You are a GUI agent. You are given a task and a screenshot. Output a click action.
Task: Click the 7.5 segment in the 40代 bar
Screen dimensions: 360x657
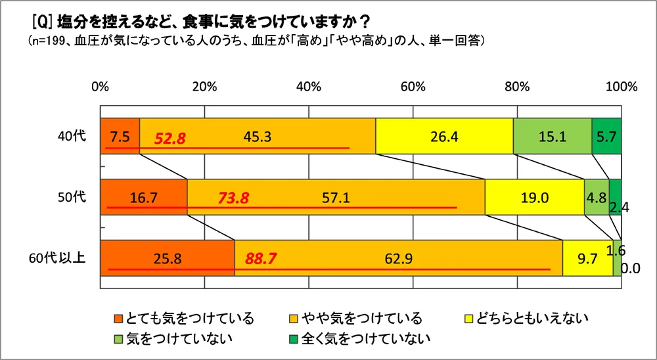pos(120,137)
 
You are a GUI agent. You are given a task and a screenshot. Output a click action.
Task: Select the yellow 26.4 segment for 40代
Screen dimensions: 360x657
pos(444,137)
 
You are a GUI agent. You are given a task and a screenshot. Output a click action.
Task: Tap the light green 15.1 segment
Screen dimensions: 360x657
pos(552,137)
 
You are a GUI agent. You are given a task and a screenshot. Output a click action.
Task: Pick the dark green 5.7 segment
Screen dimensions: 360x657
pos(606,137)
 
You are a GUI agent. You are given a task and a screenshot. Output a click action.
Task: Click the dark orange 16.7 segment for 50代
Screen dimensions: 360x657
pos(143,197)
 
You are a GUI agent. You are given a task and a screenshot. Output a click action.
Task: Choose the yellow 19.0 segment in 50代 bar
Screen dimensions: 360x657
pos(534,197)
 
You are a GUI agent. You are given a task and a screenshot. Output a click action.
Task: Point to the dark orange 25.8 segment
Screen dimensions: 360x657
pos(167,258)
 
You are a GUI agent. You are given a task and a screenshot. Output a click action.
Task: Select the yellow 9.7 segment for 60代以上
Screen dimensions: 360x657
pos(587,258)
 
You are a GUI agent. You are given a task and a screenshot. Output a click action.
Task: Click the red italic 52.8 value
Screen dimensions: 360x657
pos(170,139)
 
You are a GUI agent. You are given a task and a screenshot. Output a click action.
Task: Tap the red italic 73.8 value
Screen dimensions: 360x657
pos(233,198)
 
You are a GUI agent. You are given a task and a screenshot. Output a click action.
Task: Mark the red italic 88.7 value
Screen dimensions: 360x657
pos(260,258)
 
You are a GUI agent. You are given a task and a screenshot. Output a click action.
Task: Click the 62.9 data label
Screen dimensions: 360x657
pos(398,258)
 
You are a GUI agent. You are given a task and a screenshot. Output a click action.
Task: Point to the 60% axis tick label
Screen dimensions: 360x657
pos(413,87)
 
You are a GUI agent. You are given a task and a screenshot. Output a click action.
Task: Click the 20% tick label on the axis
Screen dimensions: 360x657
pos(204,87)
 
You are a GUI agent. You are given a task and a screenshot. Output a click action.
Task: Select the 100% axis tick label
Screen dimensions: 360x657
pos(621,87)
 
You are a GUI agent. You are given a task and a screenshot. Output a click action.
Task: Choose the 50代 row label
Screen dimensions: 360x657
pos(70,197)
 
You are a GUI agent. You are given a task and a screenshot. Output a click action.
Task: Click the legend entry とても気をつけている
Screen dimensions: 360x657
pos(183,319)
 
